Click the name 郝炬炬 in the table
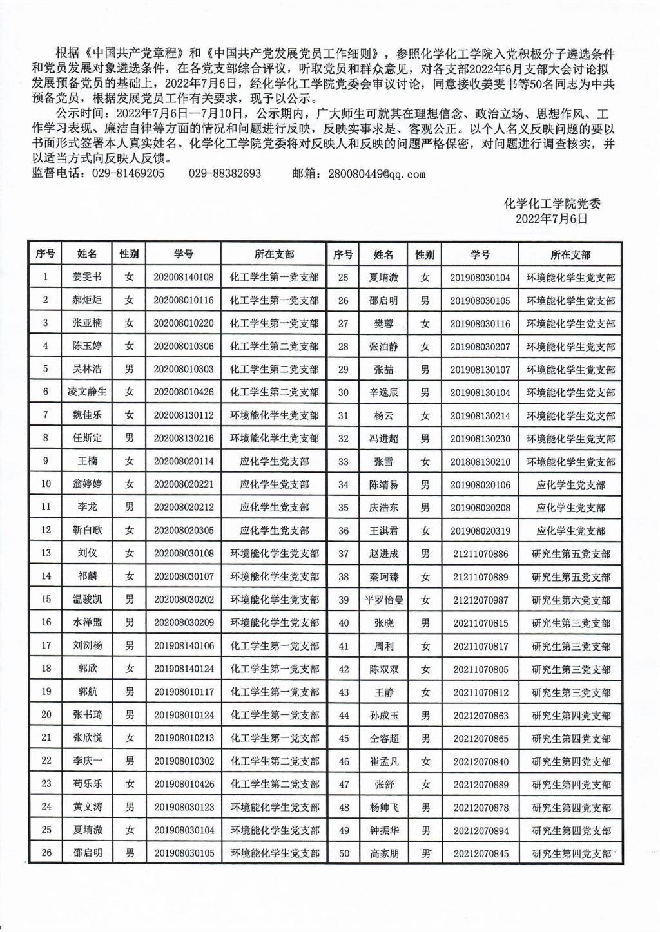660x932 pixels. [x=87, y=300]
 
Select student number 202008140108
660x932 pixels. [x=183, y=278]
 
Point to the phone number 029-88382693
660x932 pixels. [x=225, y=174]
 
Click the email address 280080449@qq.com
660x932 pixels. [x=376, y=174]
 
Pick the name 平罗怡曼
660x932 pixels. [x=384, y=600]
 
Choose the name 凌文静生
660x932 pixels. [x=87, y=392]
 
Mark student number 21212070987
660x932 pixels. [x=480, y=600]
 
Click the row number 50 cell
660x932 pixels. [x=344, y=853]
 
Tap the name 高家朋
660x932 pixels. [x=384, y=853]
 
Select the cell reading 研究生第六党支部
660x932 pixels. [x=570, y=600]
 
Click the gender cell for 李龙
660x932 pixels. [x=130, y=508]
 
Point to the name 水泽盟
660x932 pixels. [x=87, y=623]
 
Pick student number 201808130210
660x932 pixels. [x=480, y=462]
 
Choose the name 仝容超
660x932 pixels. [x=384, y=739]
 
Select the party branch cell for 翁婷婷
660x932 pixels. [x=275, y=484]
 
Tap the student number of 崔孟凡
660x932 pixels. [x=480, y=762]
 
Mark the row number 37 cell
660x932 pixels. [x=344, y=554]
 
